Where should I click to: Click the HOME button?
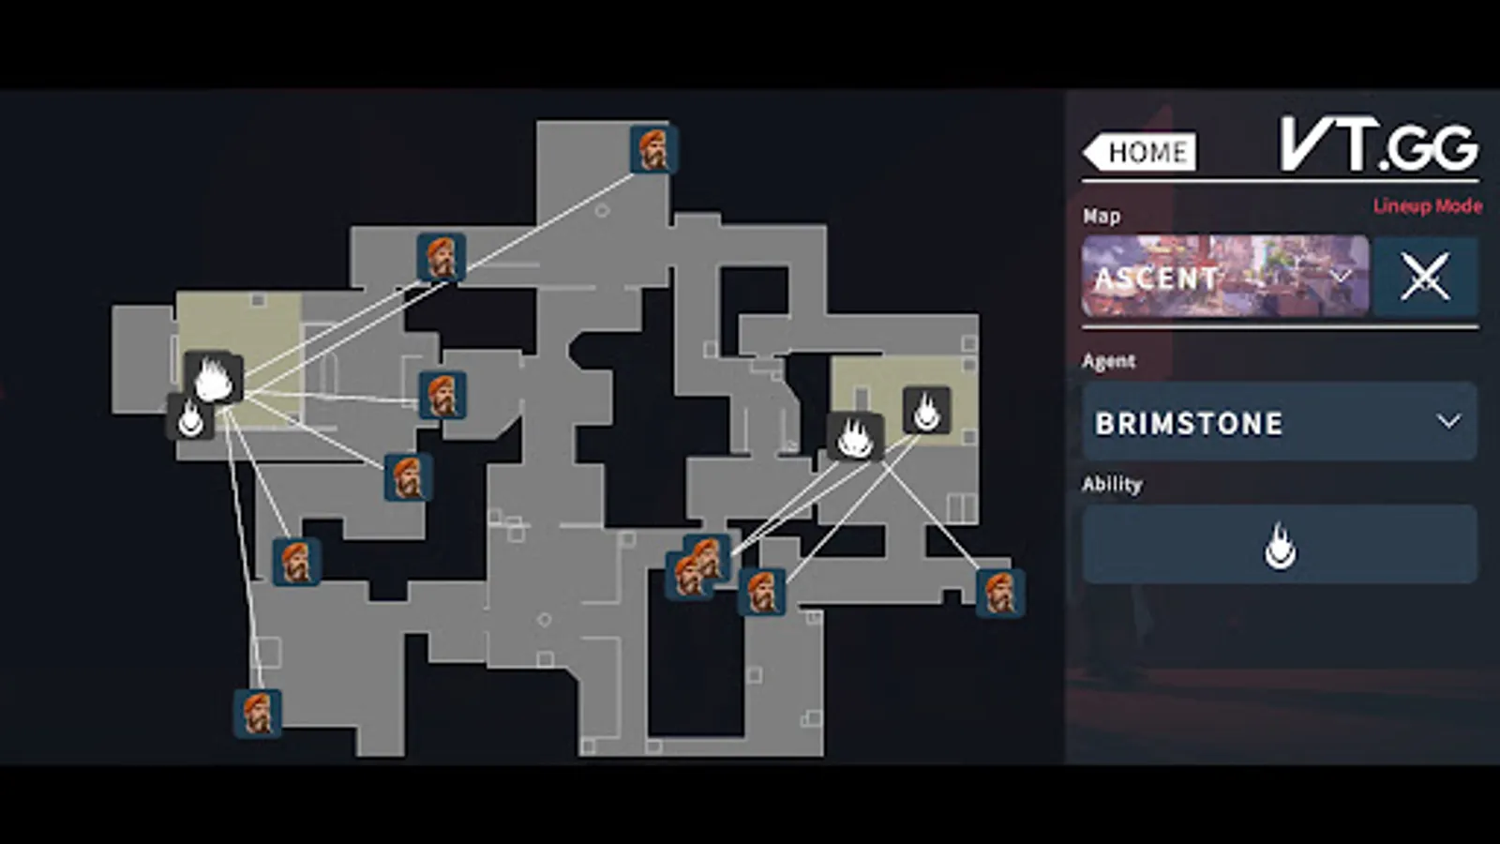tap(1140, 152)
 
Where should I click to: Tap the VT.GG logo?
tap(1378, 145)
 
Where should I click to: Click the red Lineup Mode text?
tap(1427, 206)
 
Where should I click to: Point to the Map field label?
tap(1102, 216)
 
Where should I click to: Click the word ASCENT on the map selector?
tap(1157, 279)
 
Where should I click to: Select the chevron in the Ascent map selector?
tap(1341, 277)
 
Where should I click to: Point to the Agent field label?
tap(1108, 361)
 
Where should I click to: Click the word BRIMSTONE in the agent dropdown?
tap(1189, 424)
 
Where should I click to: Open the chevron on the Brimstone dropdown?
tap(1448, 422)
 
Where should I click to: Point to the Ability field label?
tap(1112, 484)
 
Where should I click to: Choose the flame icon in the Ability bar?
tap(1280, 546)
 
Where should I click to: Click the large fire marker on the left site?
tap(214, 378)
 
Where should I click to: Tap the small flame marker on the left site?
tap(190, 417)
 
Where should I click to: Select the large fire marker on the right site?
tap(855, 437)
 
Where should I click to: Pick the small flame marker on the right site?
tap(926, 410)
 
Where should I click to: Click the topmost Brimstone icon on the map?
tap(652, 149)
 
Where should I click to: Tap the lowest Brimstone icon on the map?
tap(257, 714)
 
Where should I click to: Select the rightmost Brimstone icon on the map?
tap(999, 593)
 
